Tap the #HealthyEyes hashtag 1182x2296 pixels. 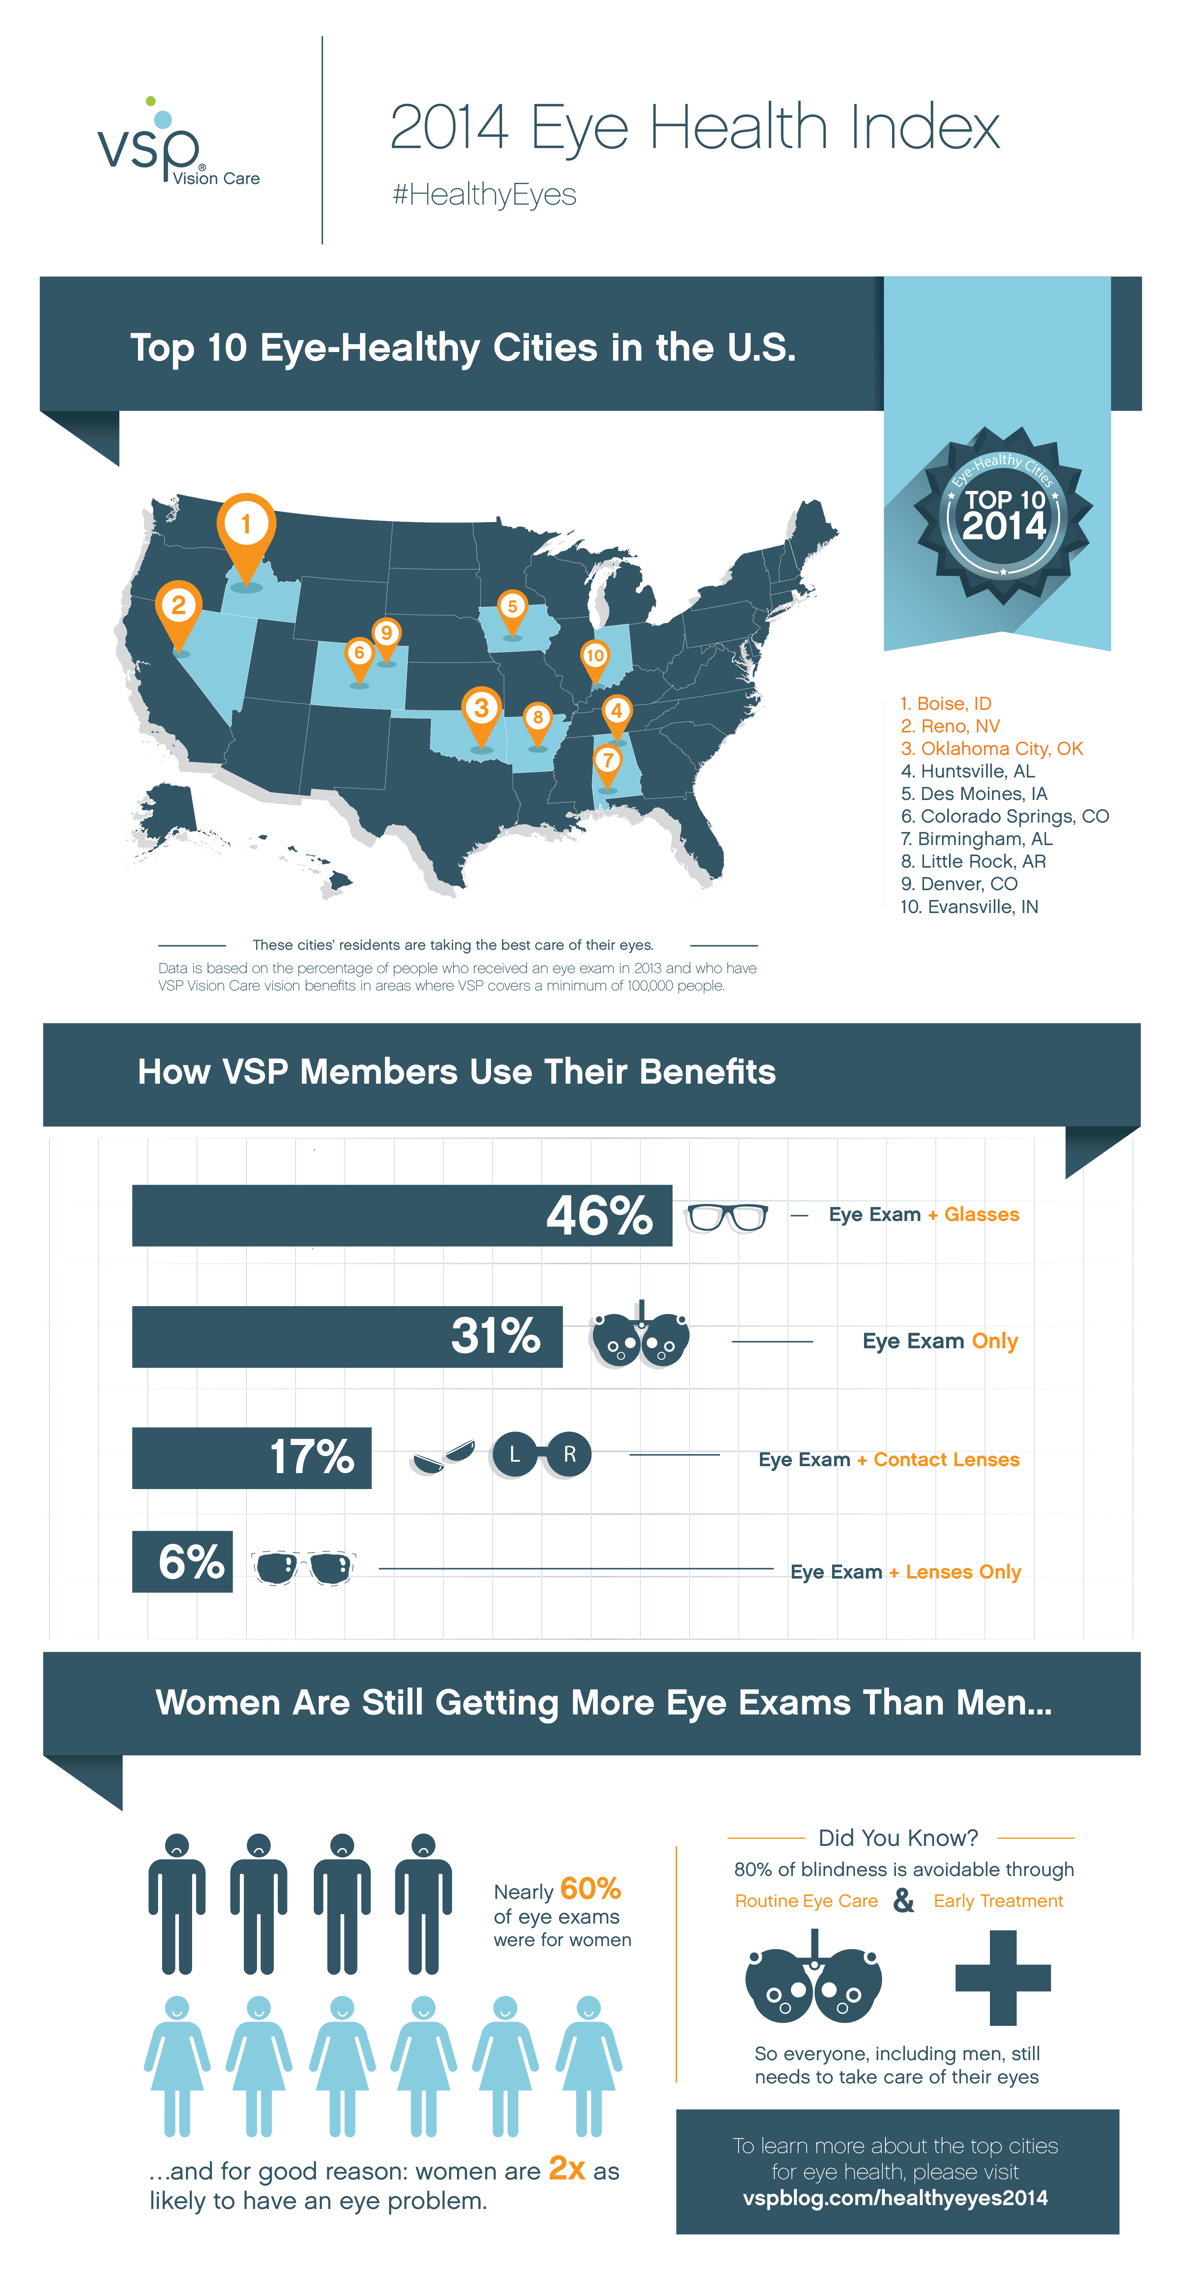484,194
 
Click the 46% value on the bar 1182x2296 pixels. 599,1215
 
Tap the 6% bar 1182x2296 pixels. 183,1562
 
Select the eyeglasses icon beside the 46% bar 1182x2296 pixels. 726,1216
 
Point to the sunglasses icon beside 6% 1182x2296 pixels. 304,1567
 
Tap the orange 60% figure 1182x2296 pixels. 590,1889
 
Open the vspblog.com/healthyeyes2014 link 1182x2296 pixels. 895,2198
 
